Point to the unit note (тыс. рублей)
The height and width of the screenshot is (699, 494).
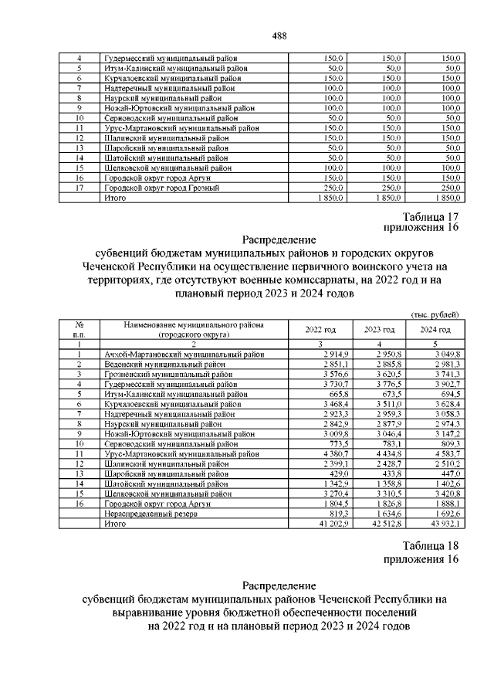click(435, 314)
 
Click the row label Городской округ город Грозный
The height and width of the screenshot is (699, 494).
click(161, 188)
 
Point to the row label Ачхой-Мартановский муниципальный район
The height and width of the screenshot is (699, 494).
click(184, 354)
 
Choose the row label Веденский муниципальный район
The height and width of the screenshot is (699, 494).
click(158, 364)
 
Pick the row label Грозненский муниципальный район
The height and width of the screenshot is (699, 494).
click(161, 374)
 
